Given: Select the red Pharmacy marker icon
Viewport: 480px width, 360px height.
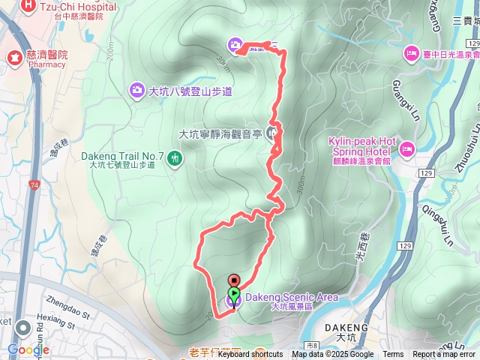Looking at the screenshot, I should point(13,56).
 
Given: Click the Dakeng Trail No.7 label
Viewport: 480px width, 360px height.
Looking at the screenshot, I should point(122,156).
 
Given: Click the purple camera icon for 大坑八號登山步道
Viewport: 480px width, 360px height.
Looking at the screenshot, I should point(136,91).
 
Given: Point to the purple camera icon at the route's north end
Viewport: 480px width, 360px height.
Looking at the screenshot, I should point(235,46).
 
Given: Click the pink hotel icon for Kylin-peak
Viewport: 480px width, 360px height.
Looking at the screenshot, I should point(406,147).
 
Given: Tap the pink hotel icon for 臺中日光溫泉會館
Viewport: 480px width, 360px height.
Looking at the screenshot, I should point(410,53).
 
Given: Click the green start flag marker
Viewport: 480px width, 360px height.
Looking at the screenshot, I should point(233,293).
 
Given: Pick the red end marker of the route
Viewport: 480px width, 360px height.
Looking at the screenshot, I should point(232,281).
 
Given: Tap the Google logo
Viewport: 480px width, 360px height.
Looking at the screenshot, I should point(28,349).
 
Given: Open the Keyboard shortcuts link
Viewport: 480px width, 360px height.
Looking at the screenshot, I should point(250,355).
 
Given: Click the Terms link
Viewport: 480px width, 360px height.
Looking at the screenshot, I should point(393,355).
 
